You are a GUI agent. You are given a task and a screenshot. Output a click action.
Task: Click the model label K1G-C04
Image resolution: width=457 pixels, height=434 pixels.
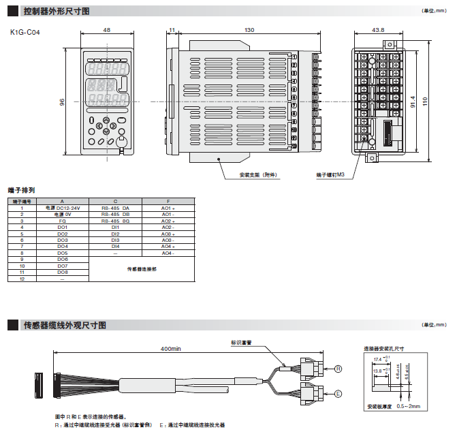(25, 32)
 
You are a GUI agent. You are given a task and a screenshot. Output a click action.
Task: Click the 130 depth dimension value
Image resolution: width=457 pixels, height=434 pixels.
(249, 30)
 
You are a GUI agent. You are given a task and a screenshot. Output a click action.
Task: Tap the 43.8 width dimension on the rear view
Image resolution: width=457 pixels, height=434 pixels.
(379, 30)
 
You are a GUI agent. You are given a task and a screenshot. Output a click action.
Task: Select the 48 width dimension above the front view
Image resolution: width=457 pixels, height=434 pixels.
(106, 30)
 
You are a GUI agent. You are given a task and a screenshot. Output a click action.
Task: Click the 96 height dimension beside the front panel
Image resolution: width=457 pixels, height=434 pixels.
(62, 102)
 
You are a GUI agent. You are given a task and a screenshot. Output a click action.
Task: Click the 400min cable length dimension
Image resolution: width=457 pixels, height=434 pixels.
(170, 348)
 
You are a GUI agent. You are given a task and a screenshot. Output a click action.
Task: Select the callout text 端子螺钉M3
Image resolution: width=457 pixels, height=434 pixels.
(331, 175)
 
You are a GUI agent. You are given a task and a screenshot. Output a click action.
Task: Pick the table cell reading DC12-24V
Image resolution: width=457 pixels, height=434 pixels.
(63, 207)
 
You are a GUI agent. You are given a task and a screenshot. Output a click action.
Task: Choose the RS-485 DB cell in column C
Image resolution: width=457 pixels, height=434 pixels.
(115, 214)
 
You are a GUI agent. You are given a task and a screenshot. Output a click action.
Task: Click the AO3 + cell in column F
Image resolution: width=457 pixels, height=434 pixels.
(168, 234)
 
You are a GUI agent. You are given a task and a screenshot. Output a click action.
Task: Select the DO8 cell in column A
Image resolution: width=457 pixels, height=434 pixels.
(63, 273)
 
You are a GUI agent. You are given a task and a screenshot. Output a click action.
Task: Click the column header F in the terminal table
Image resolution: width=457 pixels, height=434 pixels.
(168, 201)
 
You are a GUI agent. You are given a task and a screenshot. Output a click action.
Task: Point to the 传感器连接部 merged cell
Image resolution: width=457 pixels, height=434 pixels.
(142, 269)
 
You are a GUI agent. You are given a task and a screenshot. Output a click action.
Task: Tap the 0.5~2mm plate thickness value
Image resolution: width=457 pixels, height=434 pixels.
(409, 406)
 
